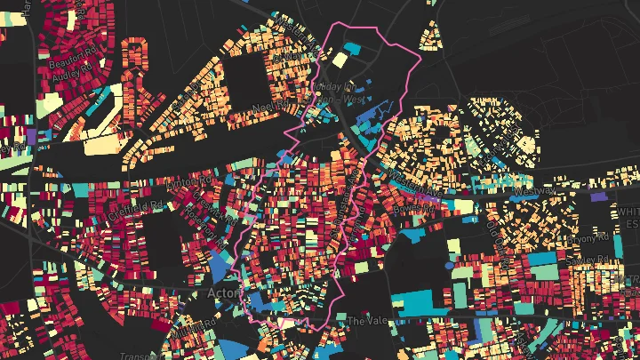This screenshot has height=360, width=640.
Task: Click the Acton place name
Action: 217,292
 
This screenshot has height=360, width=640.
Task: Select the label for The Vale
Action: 364,320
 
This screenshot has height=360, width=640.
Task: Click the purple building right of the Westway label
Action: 599,195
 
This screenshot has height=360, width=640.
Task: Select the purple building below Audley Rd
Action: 32,135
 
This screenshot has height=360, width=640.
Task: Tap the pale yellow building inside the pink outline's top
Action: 339,60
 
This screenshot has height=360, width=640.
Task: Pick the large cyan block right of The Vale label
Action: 417,304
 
